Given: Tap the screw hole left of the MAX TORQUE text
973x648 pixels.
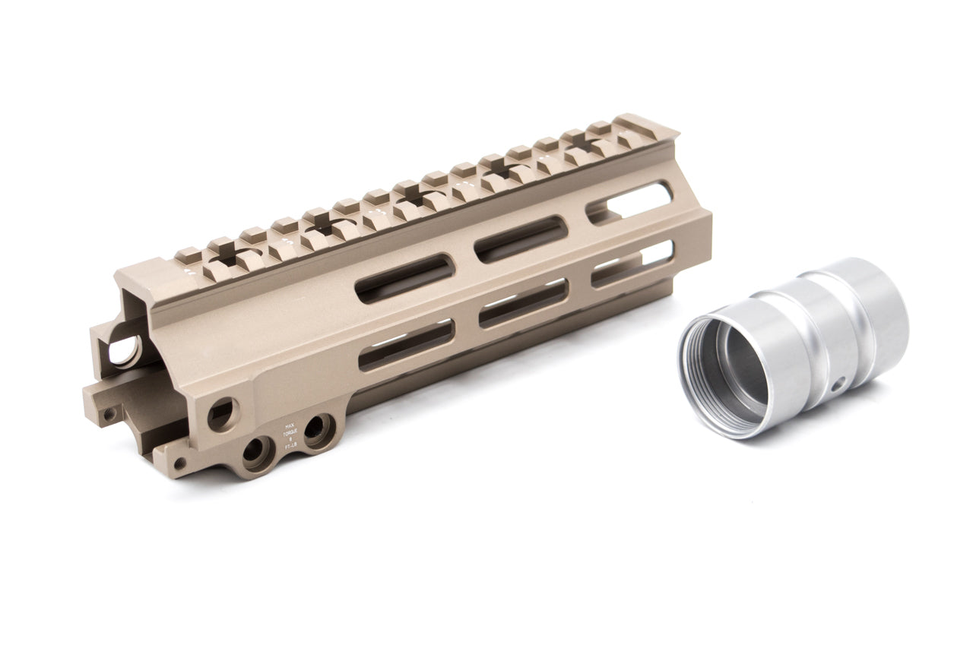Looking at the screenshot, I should click(x=258, y=454).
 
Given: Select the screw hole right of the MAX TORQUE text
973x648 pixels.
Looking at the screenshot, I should click(x=319, y=431).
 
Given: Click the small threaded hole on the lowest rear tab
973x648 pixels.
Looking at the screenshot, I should click(x=179, y=462).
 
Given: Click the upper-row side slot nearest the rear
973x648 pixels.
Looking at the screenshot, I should click(x=404, y=278).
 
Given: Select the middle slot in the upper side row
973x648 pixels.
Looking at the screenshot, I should click(x=521, y=239).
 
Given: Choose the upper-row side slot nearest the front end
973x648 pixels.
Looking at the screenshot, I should click(x=629, y=202).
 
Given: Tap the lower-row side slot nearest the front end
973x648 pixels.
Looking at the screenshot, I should click(x=632, y=263).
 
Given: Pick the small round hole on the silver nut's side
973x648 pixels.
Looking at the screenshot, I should click(x=837, y=386).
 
